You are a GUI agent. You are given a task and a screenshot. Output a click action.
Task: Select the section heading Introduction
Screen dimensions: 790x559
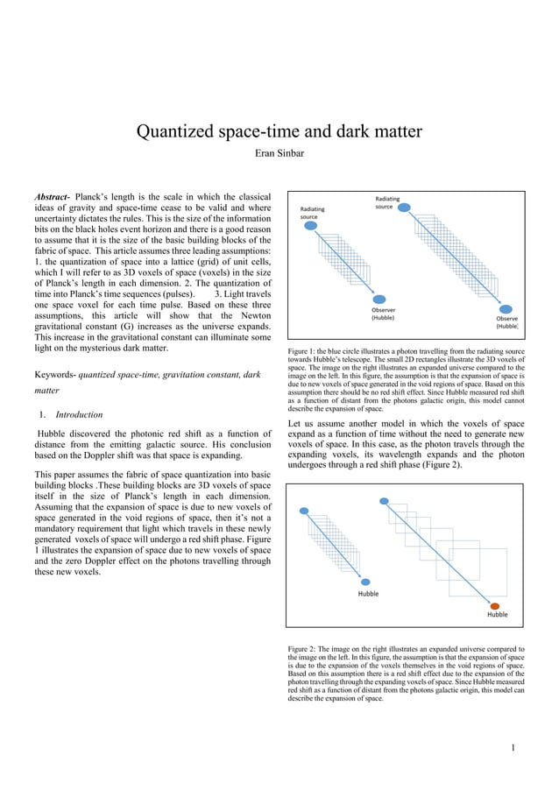(79, 414)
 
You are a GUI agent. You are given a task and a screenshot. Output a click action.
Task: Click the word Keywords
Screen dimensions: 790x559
(54, 375)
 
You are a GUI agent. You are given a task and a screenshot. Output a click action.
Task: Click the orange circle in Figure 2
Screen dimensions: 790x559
(495, 606)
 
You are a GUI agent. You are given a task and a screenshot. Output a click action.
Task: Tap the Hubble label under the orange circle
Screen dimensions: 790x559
(497, 615)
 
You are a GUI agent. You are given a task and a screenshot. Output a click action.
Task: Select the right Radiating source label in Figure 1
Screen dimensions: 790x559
(386, 202)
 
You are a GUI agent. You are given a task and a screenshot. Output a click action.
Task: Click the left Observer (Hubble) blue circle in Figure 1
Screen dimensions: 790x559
(382, 299)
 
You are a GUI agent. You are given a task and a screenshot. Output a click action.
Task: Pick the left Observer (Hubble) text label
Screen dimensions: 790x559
(383, 314)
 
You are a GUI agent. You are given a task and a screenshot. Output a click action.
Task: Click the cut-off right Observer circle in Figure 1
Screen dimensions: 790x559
(506, 308)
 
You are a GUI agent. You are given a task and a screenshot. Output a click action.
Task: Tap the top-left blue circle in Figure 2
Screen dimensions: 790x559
(304, 511)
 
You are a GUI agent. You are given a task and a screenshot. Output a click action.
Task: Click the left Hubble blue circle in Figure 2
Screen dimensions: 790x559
(367, 582)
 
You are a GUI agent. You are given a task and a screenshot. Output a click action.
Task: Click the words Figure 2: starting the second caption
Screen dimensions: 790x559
(303, 649)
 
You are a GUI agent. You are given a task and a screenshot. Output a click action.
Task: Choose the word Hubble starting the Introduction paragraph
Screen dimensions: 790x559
(55, 434)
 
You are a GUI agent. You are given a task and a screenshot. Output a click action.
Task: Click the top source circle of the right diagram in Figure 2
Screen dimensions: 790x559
(384, 501)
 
